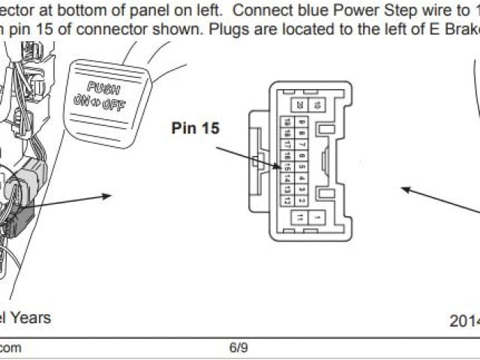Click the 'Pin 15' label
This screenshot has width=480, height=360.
[195, 128]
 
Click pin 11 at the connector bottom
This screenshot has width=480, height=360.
[300, 217]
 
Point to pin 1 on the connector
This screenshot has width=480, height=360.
[318, 217]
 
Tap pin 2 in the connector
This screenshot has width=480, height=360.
[300, 189]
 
